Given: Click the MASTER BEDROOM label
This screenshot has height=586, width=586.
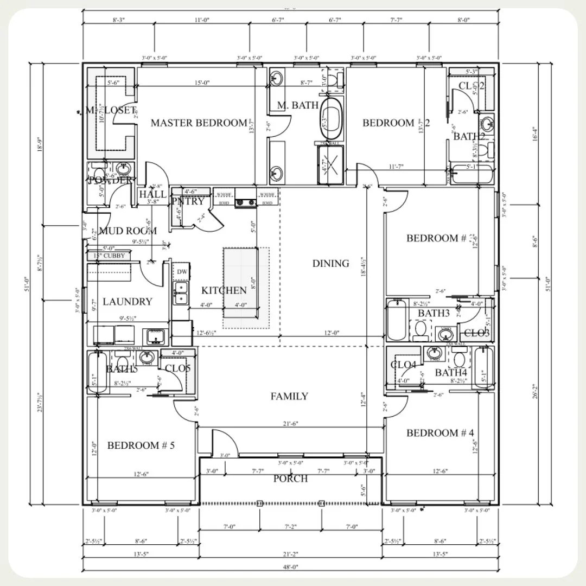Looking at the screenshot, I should click(199, 123).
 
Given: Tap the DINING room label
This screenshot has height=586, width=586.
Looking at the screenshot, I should click(330, 264).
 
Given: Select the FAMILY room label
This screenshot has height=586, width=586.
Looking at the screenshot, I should click(289, 397).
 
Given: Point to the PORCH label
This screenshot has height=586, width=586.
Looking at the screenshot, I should click(290, 479).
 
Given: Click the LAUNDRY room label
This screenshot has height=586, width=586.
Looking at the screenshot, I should click(128, 302).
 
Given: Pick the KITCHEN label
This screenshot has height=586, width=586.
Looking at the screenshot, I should click(224, 291).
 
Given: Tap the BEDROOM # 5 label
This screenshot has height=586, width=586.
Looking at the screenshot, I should click(141, 445).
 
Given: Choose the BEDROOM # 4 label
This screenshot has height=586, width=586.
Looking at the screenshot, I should click(440, 433).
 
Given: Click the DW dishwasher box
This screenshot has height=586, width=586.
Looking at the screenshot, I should click(181, 271).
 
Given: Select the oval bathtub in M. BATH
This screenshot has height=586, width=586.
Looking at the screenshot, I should click(332, 119).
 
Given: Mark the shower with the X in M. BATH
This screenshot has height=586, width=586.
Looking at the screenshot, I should click(330, 165).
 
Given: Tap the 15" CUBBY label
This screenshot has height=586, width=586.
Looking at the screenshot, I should click(110, 256).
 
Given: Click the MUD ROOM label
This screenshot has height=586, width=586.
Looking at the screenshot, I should click(128, 231).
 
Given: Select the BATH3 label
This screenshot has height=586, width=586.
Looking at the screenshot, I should click(434, 314).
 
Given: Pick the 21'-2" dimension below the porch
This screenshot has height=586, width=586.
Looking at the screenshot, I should click(290, 553).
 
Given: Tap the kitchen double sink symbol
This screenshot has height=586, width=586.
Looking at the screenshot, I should click(181, 293).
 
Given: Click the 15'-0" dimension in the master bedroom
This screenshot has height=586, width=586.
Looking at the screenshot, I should click(202, 83).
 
